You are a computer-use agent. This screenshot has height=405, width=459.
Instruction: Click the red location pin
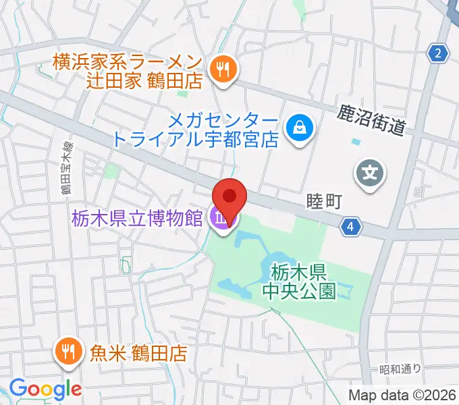(230, 197)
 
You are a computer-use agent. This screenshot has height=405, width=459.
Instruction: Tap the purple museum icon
(221, 218)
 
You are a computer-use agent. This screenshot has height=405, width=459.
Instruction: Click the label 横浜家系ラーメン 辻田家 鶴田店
(128, 72)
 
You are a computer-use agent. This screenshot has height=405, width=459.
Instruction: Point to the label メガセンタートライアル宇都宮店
(196, 130)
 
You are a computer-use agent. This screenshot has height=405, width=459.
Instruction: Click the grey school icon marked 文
(371, 174)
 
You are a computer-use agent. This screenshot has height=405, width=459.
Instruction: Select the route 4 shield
(348, 227)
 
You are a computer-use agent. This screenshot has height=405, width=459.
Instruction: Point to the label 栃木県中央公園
(300, 281)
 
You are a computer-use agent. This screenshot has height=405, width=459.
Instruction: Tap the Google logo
(45, 389)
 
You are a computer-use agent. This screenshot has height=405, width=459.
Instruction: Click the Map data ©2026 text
(402, 396)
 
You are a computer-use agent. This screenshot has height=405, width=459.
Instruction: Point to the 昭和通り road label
(400, 369)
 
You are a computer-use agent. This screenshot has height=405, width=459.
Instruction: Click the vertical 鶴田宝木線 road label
(66, 173)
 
